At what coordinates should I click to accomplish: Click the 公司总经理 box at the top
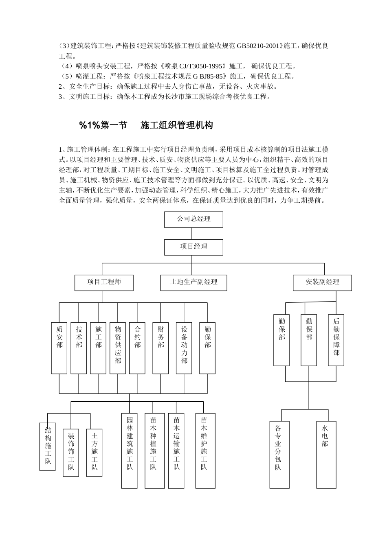click(193, 219)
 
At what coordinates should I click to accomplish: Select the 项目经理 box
click(193, 247)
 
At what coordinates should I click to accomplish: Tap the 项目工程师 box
click(104, 282)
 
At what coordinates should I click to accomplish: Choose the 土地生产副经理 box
click(193, 282)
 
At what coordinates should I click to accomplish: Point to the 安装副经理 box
click(322, 282)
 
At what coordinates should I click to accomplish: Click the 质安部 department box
click(59, 348)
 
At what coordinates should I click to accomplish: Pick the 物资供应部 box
click(118, 348)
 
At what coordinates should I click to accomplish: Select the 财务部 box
click(161, 348)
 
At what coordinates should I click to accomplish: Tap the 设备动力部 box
click(184, 348)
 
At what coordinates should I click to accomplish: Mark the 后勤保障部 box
click(336, 340)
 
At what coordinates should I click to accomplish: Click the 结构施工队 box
click(48, 446)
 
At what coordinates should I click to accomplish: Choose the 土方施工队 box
click(94, 453)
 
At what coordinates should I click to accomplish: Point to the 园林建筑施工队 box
click(130, 451)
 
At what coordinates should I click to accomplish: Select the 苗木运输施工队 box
click(176, 451)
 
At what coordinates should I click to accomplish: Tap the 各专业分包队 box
click(279, 455)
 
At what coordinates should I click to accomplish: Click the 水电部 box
click(326, 455)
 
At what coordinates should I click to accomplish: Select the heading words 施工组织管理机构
click(176, 125)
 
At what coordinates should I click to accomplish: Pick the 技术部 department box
click(79, 348)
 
